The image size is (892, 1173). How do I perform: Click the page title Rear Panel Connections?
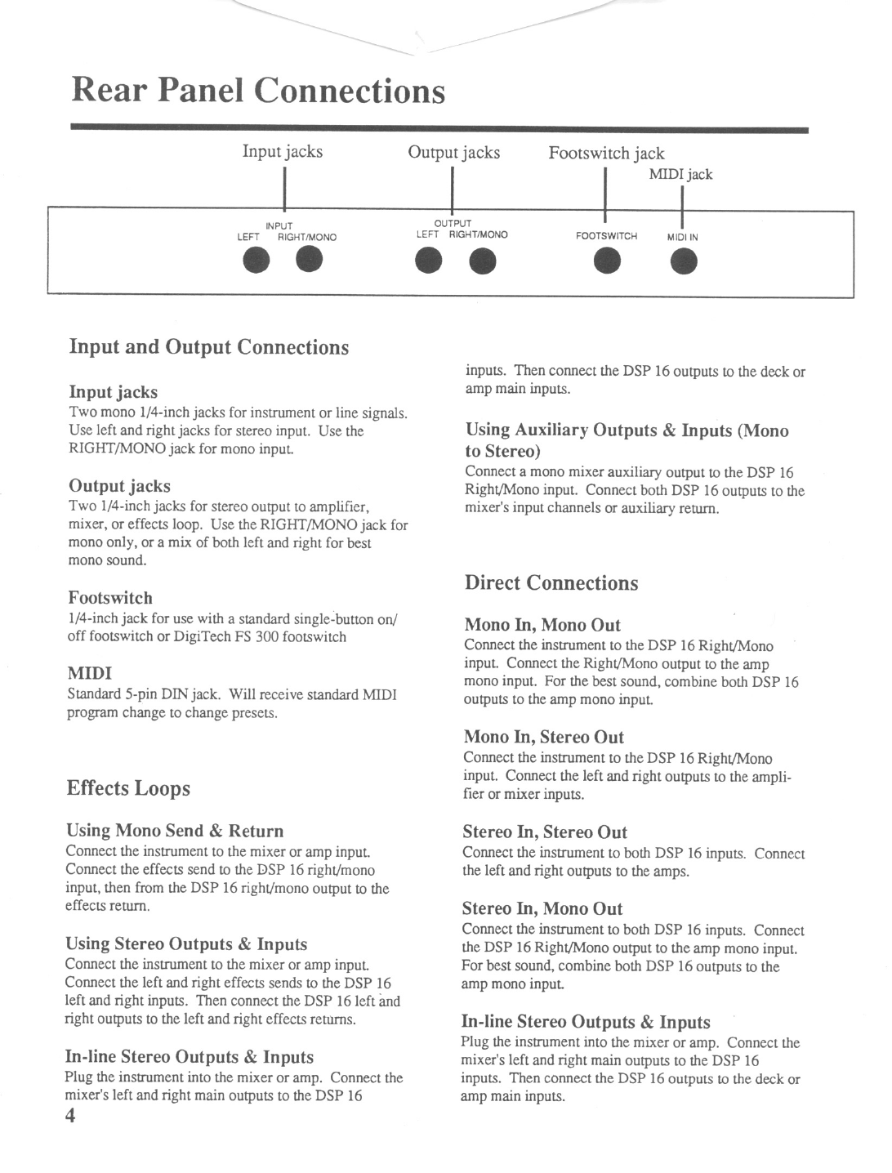(x=258, y=91)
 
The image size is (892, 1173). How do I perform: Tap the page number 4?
(x=71, y=1117)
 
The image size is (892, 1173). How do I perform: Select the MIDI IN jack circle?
(x=684, y=261)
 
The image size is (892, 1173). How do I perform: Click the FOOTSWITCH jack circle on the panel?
(x=607, y=261)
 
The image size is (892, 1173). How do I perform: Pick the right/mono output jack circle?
(x=483, y=261)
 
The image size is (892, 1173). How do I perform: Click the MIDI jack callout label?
(x=680, y=174)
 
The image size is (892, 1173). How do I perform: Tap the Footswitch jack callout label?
(x=606, y=153)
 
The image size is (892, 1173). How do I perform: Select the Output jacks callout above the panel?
(x=454, y=152)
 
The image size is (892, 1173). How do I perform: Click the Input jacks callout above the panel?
(x=283, y=151)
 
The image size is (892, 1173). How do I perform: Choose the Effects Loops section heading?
(x=128, y=788)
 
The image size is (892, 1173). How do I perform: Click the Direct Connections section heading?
(x=551, y=583)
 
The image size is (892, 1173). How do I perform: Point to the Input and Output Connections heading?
(x=208, y=347)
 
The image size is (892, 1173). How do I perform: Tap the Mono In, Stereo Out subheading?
(x=543, y=737)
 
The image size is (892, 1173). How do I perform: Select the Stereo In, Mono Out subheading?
(x=542, y=908)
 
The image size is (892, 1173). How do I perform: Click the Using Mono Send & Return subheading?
(x=175, y=831)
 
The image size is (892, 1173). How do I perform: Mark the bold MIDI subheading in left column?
(x=89, y=673)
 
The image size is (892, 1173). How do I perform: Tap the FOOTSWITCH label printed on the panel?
(x=606, y=236)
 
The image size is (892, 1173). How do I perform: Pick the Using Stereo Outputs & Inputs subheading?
(x=186, y=944)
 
